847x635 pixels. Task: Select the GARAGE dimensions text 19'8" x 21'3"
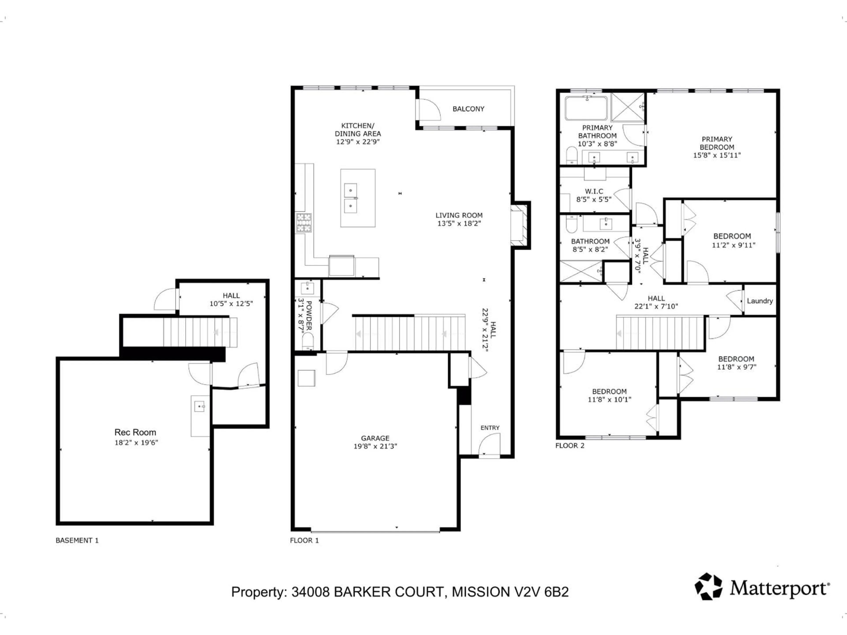click(x=375, y=446)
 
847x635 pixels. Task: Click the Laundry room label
click(x=760, y=301)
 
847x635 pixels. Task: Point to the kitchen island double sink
click(x=350, y=198)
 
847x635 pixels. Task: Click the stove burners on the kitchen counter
click(x=304, y=223)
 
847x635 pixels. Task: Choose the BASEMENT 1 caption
click(x=77, y=540)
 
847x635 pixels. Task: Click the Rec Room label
click(x=135, y=433)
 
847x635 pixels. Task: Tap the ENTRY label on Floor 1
click(x=490, y=428)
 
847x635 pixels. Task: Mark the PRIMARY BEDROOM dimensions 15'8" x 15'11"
click(x=717, y=155)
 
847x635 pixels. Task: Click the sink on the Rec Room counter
click(x=199, y=406)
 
